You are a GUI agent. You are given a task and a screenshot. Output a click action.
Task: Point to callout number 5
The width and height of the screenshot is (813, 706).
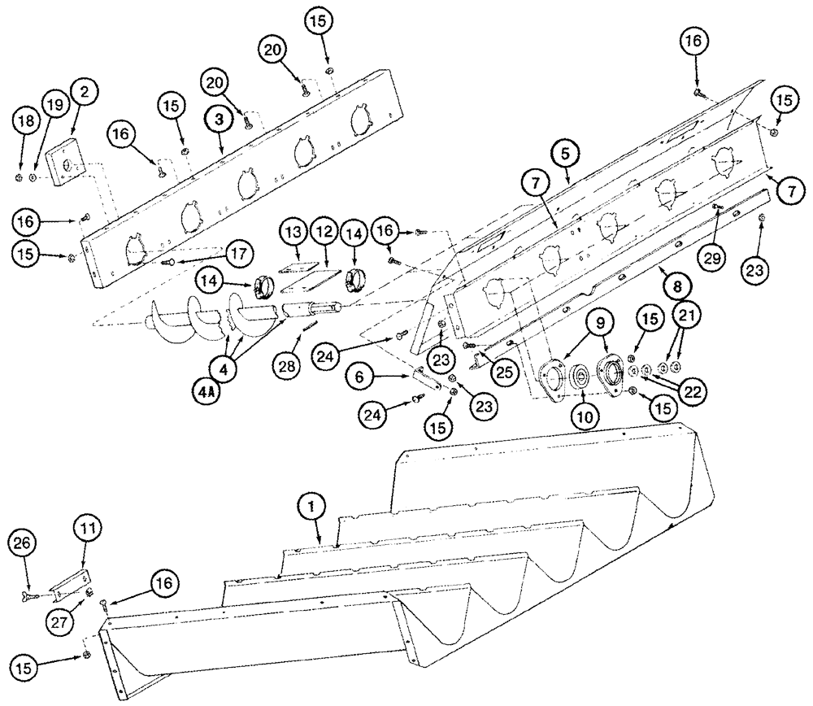coord(567,152)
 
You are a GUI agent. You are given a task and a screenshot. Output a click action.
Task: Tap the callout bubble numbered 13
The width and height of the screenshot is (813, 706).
coord(293,234)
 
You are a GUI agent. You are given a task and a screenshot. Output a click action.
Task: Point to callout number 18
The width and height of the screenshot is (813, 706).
coord(24,122)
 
